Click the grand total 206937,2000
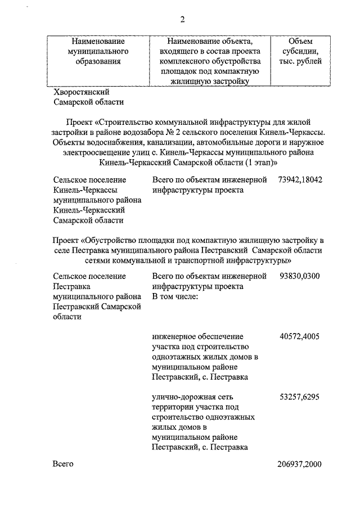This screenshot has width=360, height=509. pyautogui.click(x=299, y=464)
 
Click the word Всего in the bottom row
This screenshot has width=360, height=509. pyautogui.click(x=64, y=464)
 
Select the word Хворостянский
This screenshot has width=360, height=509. pyautogui.click(x=81, y=92)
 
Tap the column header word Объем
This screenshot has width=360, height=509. pyautogui.click(x=300, y=41)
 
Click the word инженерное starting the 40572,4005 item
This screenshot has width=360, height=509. pyautogui.click(x=173, y=336)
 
